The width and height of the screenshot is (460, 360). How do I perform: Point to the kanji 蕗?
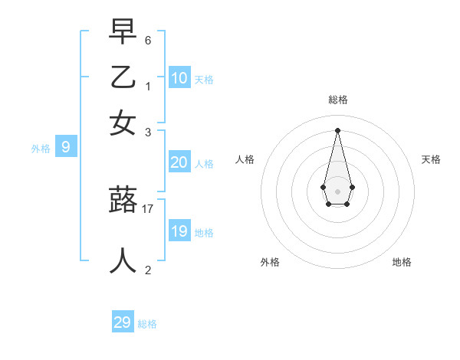(123, 201)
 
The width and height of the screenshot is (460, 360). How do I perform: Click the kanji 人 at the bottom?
(123, 260)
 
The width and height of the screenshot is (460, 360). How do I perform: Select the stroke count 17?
(148, 208)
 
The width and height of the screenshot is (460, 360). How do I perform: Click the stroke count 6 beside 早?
(147, 39)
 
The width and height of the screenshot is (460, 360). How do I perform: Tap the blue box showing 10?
(179, 77)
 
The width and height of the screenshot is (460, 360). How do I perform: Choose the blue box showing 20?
(179, 162)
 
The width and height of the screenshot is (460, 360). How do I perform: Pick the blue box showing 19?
(179, 231)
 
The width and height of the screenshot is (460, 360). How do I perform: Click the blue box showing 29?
(123, 322)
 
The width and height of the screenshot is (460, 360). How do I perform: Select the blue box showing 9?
(65, 147)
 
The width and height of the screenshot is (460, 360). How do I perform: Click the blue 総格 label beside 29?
(147, 324)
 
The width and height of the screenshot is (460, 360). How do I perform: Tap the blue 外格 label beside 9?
(41, 149)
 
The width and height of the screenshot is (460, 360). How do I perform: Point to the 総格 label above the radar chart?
(337, 100)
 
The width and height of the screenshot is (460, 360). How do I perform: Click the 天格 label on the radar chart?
(431, 159)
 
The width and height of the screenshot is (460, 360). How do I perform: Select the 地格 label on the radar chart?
(402, 262)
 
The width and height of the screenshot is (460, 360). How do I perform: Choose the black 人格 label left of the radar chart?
(245, 159)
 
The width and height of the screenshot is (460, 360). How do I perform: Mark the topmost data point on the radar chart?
(337, 129)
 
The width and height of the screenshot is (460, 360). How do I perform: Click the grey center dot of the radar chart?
(337, 191)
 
